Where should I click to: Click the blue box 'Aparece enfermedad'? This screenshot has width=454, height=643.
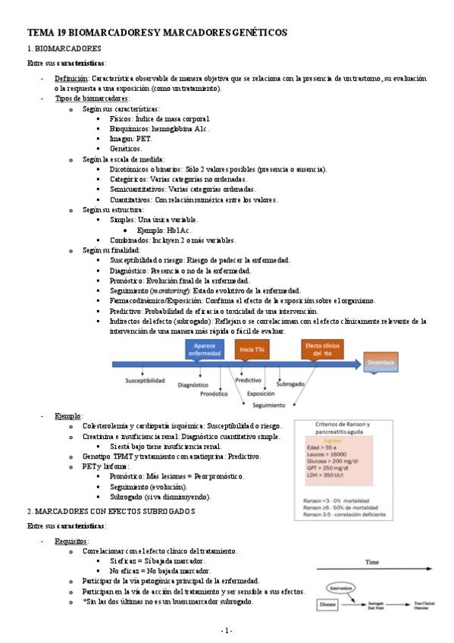[x=199, y=350]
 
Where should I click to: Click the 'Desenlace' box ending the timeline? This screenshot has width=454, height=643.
[x=380, y=363]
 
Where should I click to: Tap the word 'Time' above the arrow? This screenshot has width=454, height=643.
[x=371, y=563]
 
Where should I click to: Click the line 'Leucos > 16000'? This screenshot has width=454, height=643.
[x=328, y=455]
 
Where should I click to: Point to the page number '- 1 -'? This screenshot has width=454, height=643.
[x=227, y=630]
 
